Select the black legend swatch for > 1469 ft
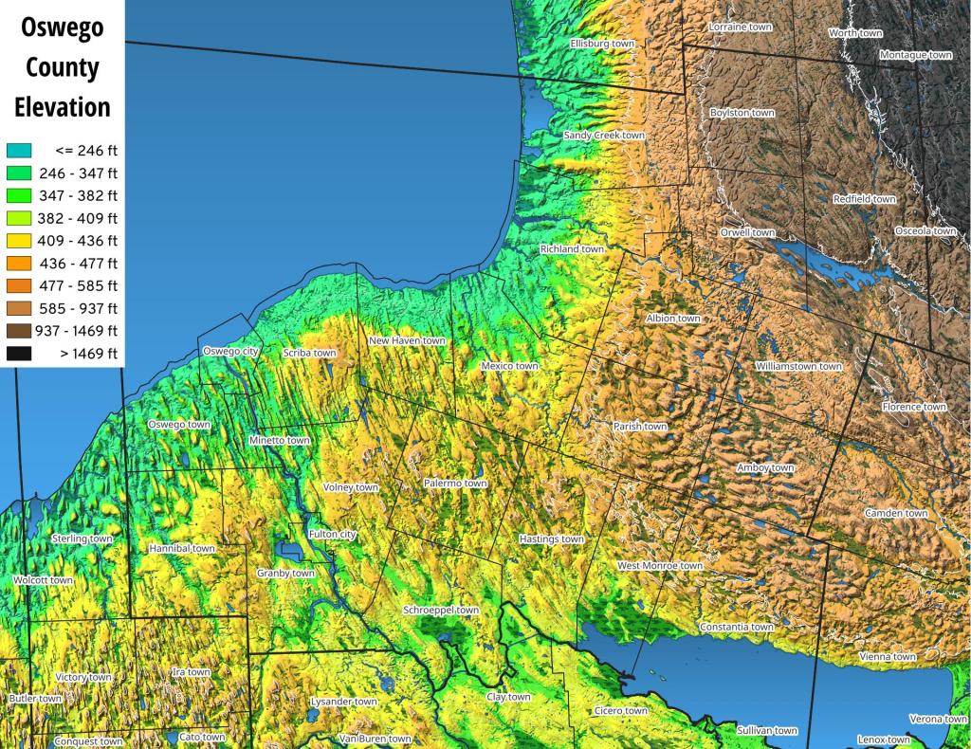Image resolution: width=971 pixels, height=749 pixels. pyautogui.click(x=19, y=354)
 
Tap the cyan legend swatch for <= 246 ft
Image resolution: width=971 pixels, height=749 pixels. pyautogui.click(x=19, y=150)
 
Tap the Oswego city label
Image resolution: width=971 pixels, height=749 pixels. pyautogui.click(x=230, y=352)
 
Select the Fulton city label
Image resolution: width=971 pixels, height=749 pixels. pyautogui.click(x=332, y=535)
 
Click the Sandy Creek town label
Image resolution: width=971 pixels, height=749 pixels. pyautogui.click(x=604, y=136)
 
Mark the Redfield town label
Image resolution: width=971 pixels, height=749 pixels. pyautogui.click(x=864, y=199)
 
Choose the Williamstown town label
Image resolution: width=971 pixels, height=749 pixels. pyautogui.click(x=798, y=366)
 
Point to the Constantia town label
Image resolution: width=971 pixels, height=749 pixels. pyautogui.click(x=737, y=627)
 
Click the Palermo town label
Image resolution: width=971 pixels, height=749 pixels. pyautogui.click(x=455, y=484)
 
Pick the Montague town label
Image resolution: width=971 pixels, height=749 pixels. pyautogui.click(x=915, y=55)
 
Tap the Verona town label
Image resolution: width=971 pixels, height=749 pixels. pyautogui.click(x=939, y=719)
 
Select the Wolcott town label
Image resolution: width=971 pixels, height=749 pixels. pyautogui.click(x=43, y=580)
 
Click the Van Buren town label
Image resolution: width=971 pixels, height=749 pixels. pyautogui.click(x=376, y=739)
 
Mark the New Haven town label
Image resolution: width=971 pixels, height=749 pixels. pyautogui.click(x=407, y=340)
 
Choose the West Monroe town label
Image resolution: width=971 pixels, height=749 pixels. pyautogui.click(x=660, y=566)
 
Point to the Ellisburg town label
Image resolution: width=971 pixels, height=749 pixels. pyautogui.click(x=602, y=44)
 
